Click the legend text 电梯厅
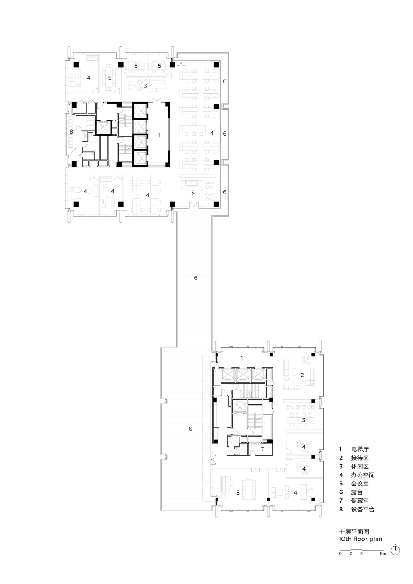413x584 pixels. (360, 449)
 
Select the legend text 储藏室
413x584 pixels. (360, 501)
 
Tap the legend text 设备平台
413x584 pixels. (363, 509)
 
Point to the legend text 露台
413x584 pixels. (357, 492)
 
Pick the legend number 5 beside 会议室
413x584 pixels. (341, 484)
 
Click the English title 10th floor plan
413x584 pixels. (360, 539)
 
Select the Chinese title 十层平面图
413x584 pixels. (354, 531)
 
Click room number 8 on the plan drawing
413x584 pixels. (71, 132)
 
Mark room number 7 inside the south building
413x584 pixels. (263, 449)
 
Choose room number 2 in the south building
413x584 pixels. (302, 375)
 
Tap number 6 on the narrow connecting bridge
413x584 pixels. (196, 278)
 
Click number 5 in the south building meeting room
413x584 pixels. (238, 492)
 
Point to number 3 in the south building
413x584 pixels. (304, 420)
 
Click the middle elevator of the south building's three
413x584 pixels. (243, 375)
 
